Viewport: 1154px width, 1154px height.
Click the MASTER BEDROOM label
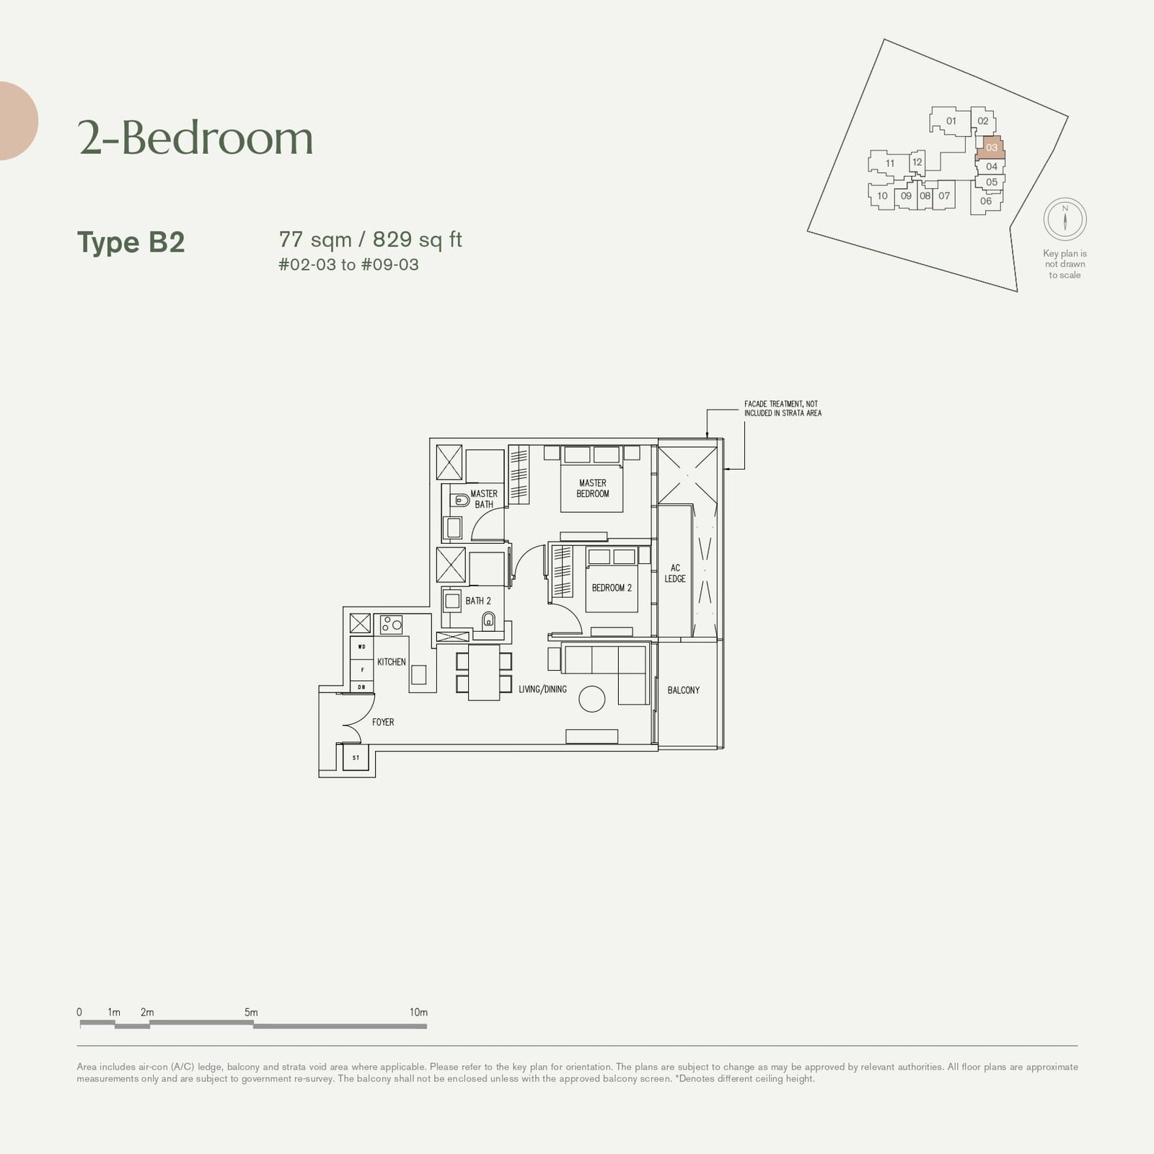[592, 488]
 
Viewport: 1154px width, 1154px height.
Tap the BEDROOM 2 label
[612, 588]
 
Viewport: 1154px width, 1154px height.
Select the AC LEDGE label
[675, 573]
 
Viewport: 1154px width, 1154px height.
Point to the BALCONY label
[683, 690]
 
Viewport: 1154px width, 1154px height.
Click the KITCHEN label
[391, 662]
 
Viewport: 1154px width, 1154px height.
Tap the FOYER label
[383, 722]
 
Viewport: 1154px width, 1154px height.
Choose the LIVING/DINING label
[542, 690]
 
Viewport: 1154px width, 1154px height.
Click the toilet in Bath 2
[489, 621]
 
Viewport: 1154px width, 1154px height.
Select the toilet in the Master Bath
[461, 500]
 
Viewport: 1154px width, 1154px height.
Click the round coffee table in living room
[592, 699]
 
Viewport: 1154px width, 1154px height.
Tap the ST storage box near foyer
[356, 758]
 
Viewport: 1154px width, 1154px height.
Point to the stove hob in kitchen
[392, 624]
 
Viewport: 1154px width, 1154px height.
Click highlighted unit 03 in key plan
[992, 147]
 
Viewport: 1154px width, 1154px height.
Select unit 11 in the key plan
[890, 164]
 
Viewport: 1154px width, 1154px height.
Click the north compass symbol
[1065, 219]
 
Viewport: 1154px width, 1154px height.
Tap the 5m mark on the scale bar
[251, 1013]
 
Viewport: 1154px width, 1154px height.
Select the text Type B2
[131, 242]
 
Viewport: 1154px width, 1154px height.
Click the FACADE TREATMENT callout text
[783, 409]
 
